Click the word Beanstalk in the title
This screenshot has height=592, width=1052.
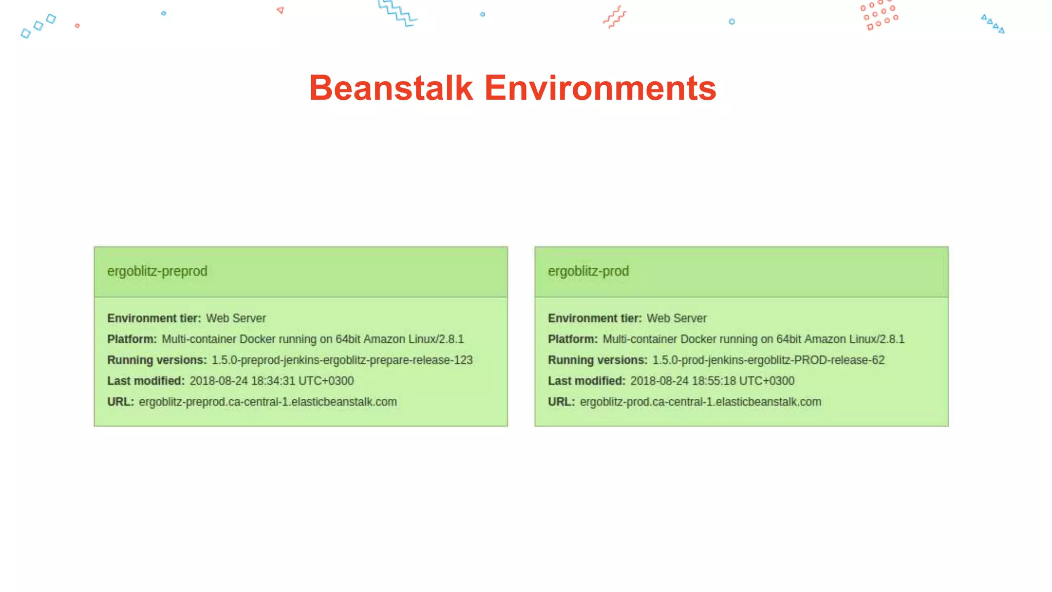click(390, 88)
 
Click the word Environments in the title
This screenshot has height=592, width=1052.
click(600, 88)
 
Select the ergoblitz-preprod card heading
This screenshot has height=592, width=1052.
click(157, 271)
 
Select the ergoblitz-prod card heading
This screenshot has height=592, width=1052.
click(588, 271)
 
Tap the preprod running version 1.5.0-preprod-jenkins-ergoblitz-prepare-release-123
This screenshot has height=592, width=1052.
click(342, 360)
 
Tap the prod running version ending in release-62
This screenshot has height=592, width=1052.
click(768, 360)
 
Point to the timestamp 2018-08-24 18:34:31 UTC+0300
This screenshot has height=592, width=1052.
click(271, 381)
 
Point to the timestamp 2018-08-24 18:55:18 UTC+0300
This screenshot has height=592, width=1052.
click(712, 381)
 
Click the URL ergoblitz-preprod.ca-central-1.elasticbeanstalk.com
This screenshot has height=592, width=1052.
click(268, 402)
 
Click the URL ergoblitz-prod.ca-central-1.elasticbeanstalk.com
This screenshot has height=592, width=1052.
click(700, 402)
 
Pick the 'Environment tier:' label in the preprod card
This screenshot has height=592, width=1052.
click(154, 319)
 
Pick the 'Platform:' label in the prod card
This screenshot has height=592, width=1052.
click(573, 340)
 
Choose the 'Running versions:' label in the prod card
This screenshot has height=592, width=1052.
click(597, 360)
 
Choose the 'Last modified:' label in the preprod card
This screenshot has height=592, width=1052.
click(146, 381)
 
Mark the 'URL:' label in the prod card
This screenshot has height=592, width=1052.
click(561, 402)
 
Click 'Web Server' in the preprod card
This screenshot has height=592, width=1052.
click(236, 319)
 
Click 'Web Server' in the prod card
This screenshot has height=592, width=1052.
click(677, 319)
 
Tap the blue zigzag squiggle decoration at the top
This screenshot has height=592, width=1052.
click(397, 13)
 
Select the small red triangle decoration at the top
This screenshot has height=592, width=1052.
click(280, 10)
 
